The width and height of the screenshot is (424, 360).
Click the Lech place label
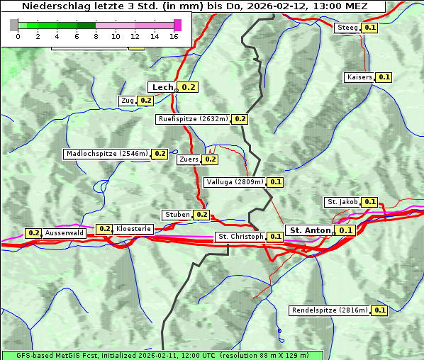(162, 87)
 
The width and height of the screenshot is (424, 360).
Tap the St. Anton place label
(311, 230)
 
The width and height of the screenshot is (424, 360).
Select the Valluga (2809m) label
(235, 182)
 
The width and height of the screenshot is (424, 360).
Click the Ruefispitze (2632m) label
(194, 119)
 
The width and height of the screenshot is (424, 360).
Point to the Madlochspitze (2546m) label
(106, 153)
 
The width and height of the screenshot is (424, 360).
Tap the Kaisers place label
(359, 77)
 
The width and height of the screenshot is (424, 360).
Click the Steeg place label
(347, 28)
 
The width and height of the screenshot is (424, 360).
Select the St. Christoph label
(240, 236)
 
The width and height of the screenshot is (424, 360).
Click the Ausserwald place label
(64, 233)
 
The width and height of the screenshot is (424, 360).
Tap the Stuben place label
(177, 215)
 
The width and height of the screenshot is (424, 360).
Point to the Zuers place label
(189, 159)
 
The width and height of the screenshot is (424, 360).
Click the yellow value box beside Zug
(145, 101)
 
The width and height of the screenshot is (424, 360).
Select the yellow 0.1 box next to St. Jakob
(369, 202)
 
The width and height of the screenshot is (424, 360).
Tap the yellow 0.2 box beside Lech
(189, 87)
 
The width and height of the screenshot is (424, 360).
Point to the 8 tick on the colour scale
(96, 36)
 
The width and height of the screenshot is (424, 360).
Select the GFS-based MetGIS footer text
(162, 355)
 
